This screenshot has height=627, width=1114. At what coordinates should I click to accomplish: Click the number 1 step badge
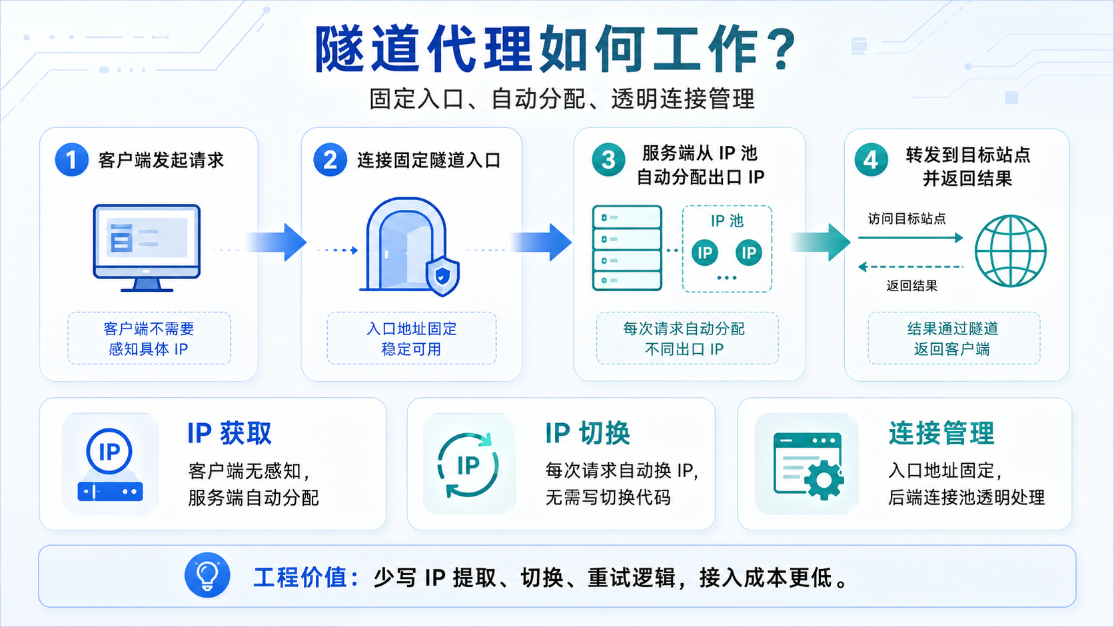click(x=71, y=160)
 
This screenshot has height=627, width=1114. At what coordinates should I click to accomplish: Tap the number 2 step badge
click(x=330, y=160)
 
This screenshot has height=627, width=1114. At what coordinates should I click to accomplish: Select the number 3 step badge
click(x=608, y=160)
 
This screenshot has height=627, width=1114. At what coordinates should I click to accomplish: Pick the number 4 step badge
click(x=871, y=160)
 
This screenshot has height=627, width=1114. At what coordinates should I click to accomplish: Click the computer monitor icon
click(x=147, y=248)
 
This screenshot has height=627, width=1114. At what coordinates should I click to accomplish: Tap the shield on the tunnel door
click(x=442, y=277)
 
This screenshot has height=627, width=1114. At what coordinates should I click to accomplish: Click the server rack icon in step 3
click(x=627, y=248)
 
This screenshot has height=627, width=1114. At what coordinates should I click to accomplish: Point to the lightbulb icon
click(x=207, y=575)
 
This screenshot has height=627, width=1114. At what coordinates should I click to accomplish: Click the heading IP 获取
click(x=229, y=433)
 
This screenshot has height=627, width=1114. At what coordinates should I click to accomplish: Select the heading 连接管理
click(x=941, y=433)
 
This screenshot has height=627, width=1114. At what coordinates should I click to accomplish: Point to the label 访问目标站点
click(x=907, y=219)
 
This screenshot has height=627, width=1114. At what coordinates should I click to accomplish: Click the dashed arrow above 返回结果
click(x=911, y=267)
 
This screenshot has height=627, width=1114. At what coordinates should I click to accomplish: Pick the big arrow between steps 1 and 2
click(x=276, y=242)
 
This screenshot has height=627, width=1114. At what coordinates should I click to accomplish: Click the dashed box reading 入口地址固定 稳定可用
click(x=411, y=338)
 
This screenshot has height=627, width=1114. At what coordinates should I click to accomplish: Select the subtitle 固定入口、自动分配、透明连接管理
click(x=562, y=99)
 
